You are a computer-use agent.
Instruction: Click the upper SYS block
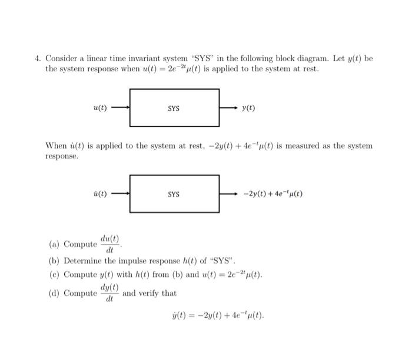click(x=174, y=108)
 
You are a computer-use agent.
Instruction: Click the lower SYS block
click(x=174, y=194)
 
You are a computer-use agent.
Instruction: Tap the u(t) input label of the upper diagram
click(x=100, y=108)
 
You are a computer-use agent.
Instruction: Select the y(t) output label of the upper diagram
click(x=248, y=108)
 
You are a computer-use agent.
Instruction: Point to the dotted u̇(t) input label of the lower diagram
click(x=100, y=194)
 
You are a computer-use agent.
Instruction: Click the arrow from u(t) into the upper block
click(x=120, y=108)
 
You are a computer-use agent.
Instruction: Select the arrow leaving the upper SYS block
click(x=228, y=108)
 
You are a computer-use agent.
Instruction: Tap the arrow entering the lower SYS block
click(x=120, y=194)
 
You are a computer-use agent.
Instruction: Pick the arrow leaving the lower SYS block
click(x=228, y=194)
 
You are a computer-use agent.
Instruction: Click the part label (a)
click(x=54, y=245)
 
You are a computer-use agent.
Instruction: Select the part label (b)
click(x=54, y=260)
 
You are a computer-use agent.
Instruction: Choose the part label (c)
click(x=54, y=275)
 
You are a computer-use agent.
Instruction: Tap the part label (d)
click(x=54, y=293)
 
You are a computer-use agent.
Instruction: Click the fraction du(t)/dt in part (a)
click(x=109, y=244)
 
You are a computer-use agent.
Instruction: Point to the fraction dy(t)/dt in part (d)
click(x=109, y=293)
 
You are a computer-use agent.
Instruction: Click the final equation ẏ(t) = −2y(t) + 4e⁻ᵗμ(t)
click(x=217, y=315)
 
